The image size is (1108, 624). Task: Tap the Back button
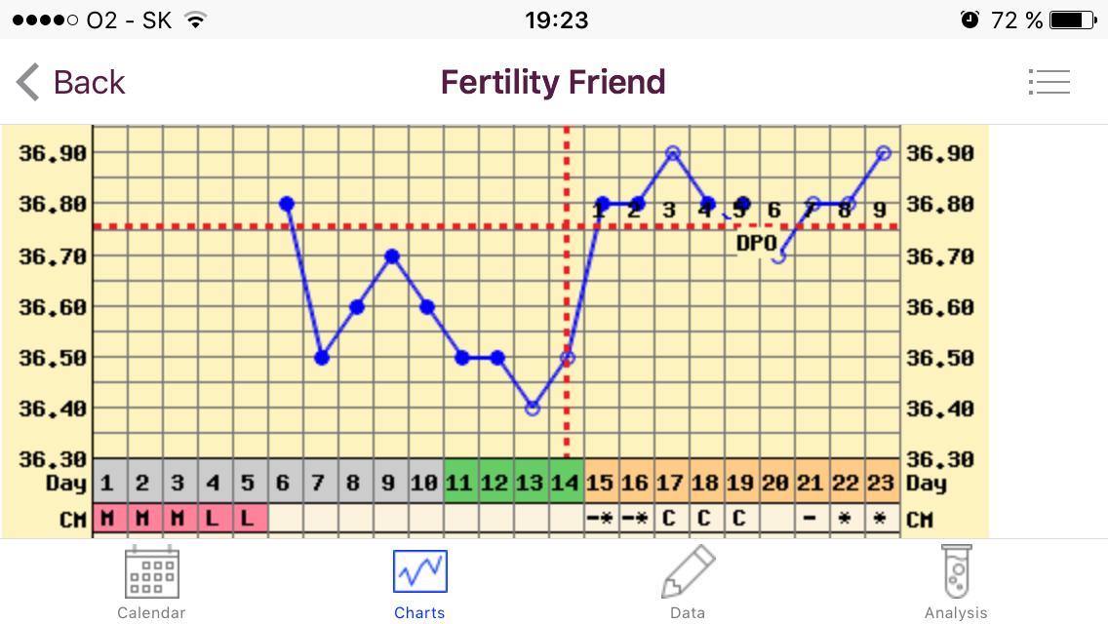[70, 82]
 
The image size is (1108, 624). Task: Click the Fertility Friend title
[553, 82]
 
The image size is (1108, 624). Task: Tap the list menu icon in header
[1049, 82]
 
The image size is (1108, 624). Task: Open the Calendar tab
[151, 582]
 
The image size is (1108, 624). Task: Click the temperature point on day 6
[287, 204]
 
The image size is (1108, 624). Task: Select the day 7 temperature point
[322, 358]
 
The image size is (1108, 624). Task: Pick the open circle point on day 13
[533, 409]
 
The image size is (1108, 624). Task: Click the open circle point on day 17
[673, 153]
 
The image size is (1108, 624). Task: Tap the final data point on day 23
[884, 153]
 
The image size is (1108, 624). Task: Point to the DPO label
[756, 243]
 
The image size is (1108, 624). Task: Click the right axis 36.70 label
[940, 256]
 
